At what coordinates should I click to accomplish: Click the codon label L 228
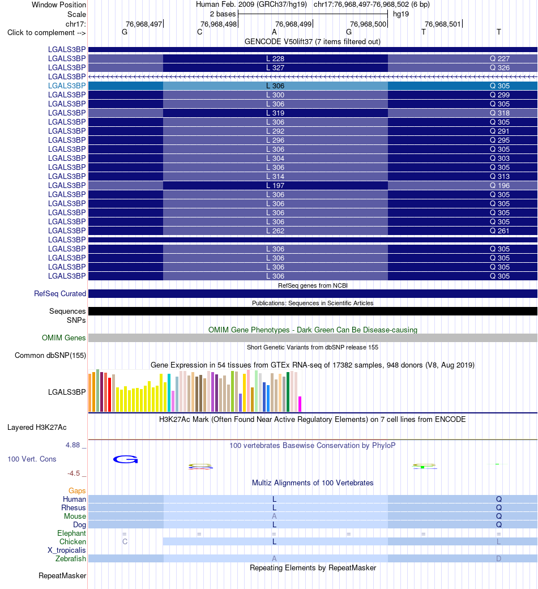coord(275,58)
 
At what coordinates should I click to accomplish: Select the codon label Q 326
coord(499,67)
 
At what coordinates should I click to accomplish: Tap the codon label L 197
coord(275,186)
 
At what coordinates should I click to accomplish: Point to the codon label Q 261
coord(499,231)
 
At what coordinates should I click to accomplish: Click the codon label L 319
coord(275,113)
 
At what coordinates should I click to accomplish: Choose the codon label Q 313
coord(499,177)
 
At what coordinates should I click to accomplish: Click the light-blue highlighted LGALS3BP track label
coord(67,86)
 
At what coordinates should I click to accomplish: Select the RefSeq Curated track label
coord(60,294)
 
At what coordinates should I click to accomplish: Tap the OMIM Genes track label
coord(64,338)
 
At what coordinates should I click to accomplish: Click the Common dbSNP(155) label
coord(50,355)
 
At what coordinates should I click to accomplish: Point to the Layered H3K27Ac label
coord(37,427)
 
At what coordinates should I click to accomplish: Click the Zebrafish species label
coord(71,558)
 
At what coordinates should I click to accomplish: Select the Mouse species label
coord(75,516)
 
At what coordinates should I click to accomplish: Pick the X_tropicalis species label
coord(66,550)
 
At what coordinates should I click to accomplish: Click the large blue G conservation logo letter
coord(126,459)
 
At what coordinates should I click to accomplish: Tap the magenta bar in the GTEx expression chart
coord(300,404)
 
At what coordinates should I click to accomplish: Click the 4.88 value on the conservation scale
coord(73,445)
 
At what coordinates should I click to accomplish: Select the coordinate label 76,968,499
coord(293,24)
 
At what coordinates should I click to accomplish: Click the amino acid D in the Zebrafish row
coord(498,558)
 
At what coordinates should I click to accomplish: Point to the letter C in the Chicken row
coord(125,541)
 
